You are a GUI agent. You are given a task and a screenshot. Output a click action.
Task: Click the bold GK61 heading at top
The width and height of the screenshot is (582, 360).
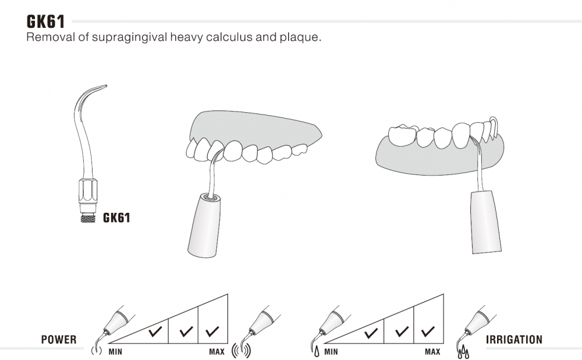(x=45, y=22)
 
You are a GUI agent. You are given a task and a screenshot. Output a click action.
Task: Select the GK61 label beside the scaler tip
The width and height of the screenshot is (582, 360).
(x=116, y=218)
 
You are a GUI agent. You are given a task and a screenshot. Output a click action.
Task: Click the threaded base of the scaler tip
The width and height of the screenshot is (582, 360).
(x=88, y=218)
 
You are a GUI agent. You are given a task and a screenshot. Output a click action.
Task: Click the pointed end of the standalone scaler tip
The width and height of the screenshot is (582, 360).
(x=107, y=85)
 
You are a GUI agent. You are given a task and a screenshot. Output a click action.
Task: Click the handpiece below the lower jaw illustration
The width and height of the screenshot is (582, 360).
(x=485, y=222)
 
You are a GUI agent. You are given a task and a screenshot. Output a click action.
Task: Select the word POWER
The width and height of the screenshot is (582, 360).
(x=59, y=340)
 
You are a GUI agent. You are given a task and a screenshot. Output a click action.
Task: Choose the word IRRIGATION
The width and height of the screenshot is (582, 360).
(x=514, y=340)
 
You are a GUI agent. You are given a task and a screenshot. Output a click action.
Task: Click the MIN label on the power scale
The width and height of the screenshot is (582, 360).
(x=115, y=351)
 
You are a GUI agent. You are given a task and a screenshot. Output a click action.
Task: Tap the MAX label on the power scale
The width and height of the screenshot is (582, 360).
(x=217, y=351)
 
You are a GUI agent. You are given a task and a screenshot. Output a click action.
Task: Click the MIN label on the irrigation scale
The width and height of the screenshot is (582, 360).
(x=331, y=351)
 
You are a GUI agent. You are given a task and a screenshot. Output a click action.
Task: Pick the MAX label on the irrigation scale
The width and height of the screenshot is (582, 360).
(x=432, y=351)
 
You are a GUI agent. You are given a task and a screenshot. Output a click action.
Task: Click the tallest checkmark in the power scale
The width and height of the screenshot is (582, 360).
(x=212, y=331)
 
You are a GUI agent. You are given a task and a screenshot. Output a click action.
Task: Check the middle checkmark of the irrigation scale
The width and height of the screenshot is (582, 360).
(x=402, y=332)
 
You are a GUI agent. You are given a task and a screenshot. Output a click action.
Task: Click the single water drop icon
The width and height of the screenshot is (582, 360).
(x=317, y=351)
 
